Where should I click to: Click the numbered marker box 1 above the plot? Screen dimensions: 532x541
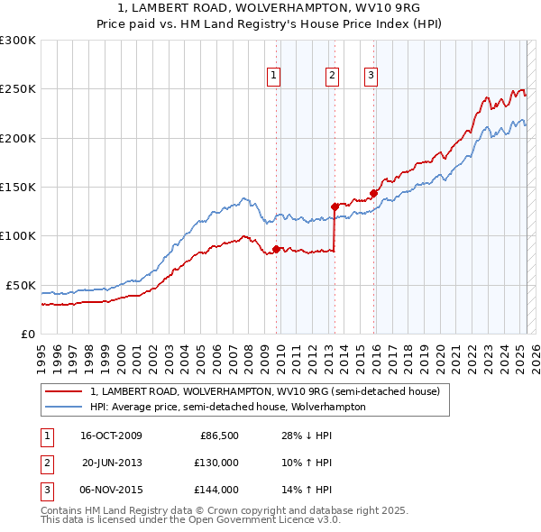pos(273,77)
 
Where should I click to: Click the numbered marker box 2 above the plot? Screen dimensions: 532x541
pos(332,77)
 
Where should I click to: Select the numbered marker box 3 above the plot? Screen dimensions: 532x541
pos(371,77)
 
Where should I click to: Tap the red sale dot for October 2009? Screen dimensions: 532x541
pos(277,249)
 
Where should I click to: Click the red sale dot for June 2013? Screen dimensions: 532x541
pos(335,206)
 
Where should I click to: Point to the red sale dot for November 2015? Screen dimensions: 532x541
pos(373,192)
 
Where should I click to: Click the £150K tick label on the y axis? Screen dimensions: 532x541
pos(18,187)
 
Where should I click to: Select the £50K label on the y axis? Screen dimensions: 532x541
pos(22,285)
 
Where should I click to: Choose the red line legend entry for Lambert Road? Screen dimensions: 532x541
pos(264,391)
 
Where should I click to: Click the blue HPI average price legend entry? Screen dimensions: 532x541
pos(227,407)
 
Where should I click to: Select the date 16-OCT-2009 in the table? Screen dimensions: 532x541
pos(111,436)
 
